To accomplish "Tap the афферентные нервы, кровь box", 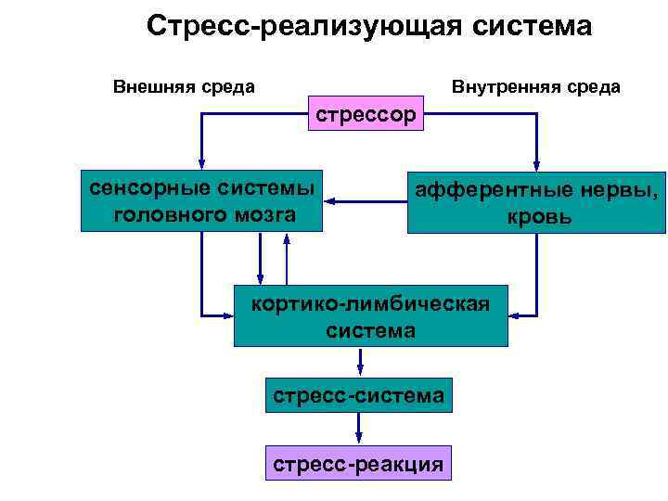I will point(539,202).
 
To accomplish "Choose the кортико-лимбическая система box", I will point(370,315).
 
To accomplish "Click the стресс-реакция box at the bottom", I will point(358,463).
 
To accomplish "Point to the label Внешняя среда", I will point(184,87).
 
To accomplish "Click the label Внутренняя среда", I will point(535,87).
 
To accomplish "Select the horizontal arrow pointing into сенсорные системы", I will point(366,199).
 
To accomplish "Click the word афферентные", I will point(483,188).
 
